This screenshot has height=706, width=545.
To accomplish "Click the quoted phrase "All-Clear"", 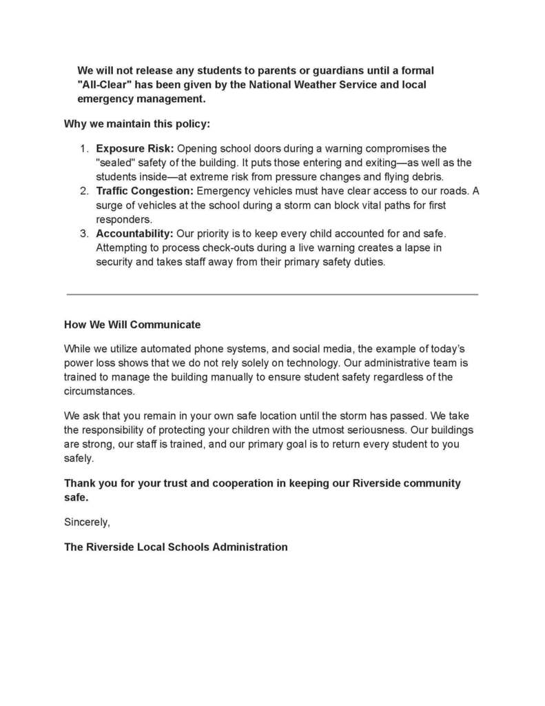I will pyautogui.click(x=104, y=85).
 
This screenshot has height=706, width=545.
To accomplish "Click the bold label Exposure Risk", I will pyautogui.click(x=135, y=149).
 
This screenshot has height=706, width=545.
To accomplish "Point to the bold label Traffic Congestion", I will pyautogui.click(x=145, y=191).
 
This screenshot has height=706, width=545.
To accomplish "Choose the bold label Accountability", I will pyautogui.click(x=134, y=234).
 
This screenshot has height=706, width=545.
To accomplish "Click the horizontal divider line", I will pyautogui.click(x=272, y=294).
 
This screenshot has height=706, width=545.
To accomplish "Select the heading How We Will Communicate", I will pyautogui.click(x=132, y=324).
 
